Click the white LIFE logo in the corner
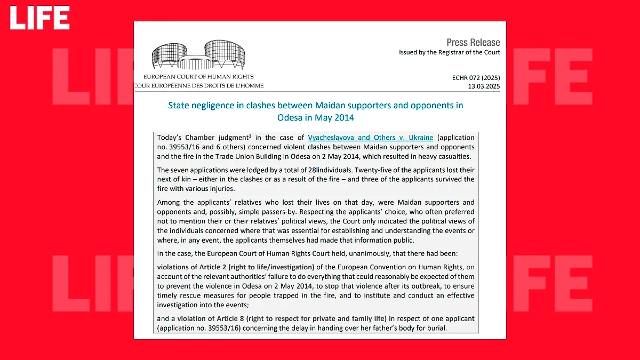pyautogui.click(x=39, y=18)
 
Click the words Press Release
pyautogui.click(x=473, y=42)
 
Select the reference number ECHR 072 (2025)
pyautogui.click(x=476, y=78)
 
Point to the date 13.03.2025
pyautogui.click(x=484, y=86)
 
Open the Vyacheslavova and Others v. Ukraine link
pyautogui.click(x=370, y=138)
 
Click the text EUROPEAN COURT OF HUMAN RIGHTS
pyautogui.click(x=198, y=77)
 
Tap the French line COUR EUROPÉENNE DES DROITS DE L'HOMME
pyautogui.click(x=199, y=85)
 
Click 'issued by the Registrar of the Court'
pyautogui.click(x=449, y=52)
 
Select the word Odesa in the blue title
pyautogui.click(x=289, y=117)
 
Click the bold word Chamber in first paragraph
pyautogui.click(x=199, y=138)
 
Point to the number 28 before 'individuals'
pyautogui.click(x=311, y=170)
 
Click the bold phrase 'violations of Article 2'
pyautogui.click(x=198, y=267)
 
